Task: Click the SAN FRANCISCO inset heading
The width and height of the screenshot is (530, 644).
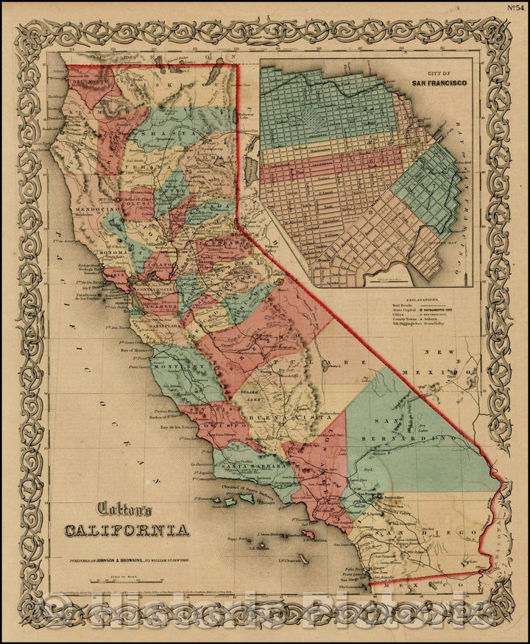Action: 439,82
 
